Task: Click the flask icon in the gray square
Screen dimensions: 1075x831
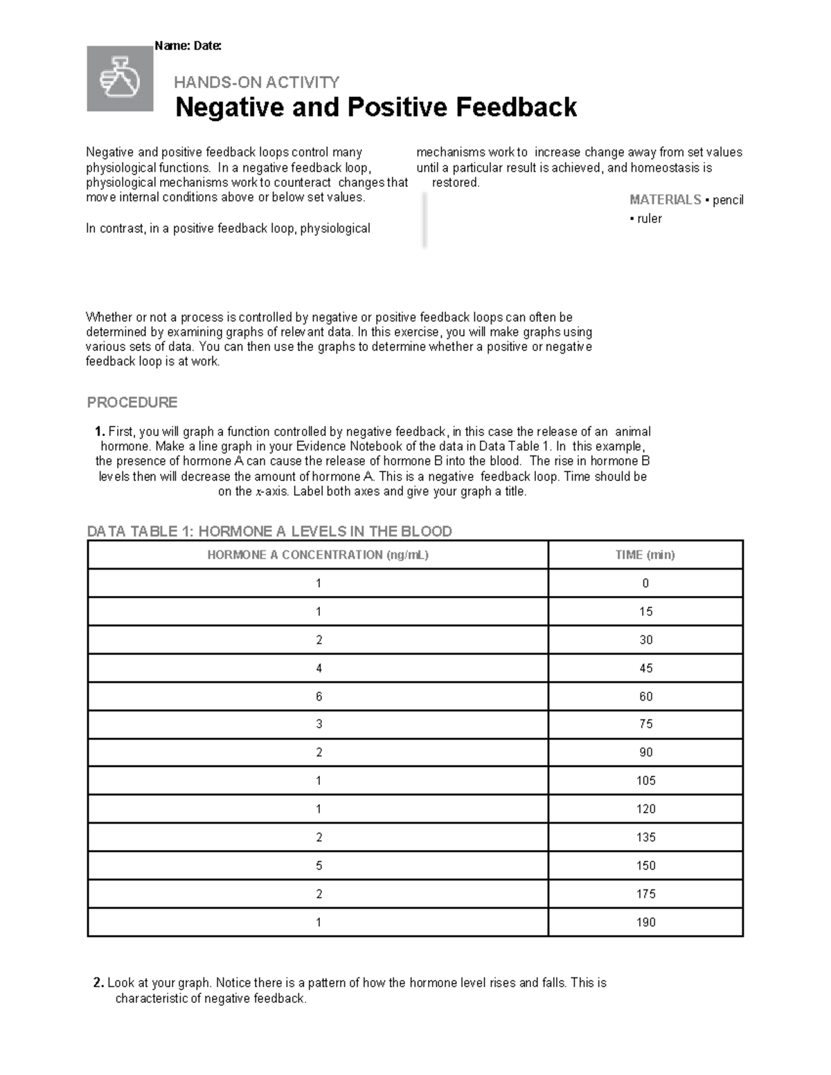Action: [120, 79]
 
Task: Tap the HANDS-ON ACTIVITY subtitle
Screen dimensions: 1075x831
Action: [256, 82]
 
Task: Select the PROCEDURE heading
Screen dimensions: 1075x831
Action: [132, 402]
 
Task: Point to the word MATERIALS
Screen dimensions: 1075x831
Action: [665, 200]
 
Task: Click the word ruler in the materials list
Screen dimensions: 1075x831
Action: [650, 219]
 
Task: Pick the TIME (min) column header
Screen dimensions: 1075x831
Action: [645, 554]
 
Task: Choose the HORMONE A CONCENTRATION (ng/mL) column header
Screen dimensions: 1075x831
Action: [318, 554]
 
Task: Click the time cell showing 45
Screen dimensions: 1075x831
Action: [645, 668]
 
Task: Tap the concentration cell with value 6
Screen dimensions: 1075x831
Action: [319, 696]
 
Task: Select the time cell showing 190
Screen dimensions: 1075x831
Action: [645, 922]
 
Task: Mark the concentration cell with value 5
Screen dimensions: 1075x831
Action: [319, 865]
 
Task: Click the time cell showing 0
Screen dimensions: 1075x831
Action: [645, 584]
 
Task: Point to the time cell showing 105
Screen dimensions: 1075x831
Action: [645, 781]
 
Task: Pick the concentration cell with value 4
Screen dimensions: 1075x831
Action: [319, 668]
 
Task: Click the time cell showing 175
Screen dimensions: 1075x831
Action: [645, 894]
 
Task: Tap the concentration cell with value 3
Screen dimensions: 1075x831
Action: [319, 724]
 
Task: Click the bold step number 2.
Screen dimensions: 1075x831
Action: [98, 983]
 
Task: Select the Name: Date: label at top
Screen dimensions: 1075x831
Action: [188, 46]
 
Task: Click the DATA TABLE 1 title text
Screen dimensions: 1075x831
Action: [269, 531]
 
